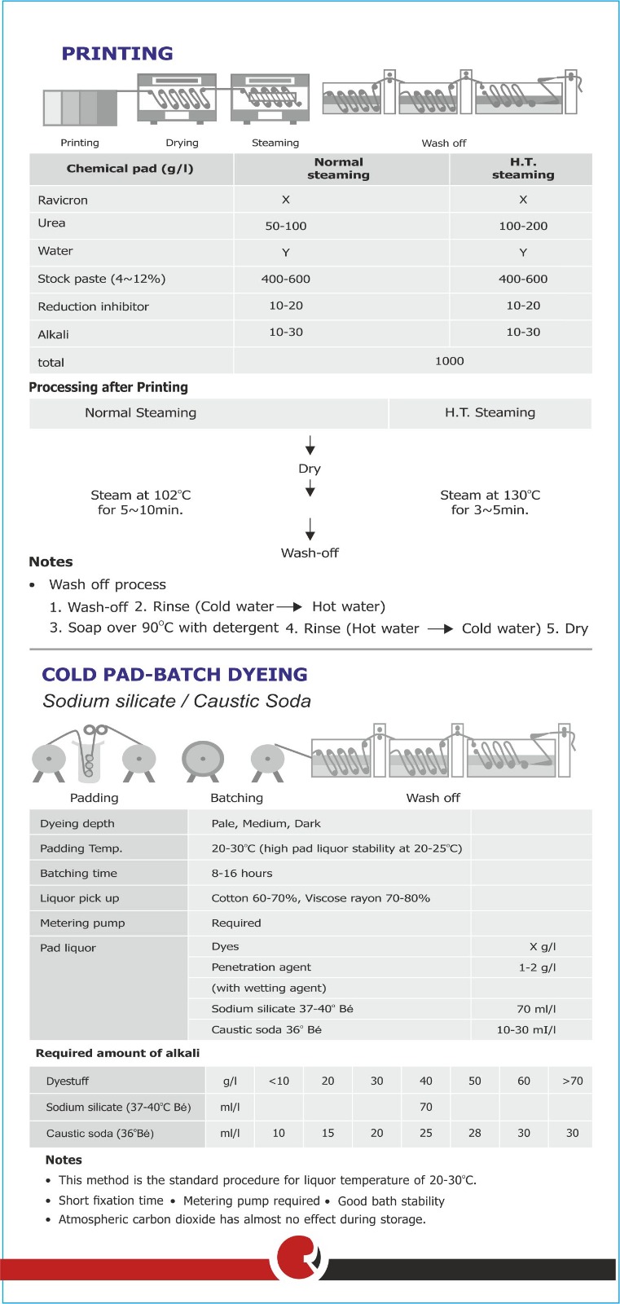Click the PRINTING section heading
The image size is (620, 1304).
coord(117,54)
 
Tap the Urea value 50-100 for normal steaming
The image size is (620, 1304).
coord(285,226)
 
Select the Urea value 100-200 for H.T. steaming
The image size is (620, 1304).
coord(523,226)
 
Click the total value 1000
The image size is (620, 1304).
coord(449,360)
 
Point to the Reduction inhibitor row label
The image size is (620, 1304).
coord(93,306)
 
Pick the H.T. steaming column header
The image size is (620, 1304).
coord(522,169)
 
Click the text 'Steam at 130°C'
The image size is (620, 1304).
coord(490,495)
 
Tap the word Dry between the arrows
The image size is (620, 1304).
coord(310,469)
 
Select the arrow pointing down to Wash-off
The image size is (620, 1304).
coord(310,529)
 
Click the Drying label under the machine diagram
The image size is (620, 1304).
coord(182,143)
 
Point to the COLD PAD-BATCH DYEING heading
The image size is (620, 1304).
coord(174,675)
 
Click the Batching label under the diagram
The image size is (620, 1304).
coord(236,798)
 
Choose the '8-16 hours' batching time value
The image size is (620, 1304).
coord(242,873)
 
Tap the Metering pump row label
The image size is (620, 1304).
coord(82,923)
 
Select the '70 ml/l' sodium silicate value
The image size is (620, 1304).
coord(536,1009)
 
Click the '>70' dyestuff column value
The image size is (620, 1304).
coord(572,1081)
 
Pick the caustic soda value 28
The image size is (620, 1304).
coord(474,1133)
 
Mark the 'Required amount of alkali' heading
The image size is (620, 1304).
coord(117,1053)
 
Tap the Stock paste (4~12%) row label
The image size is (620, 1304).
coord(101,279)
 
